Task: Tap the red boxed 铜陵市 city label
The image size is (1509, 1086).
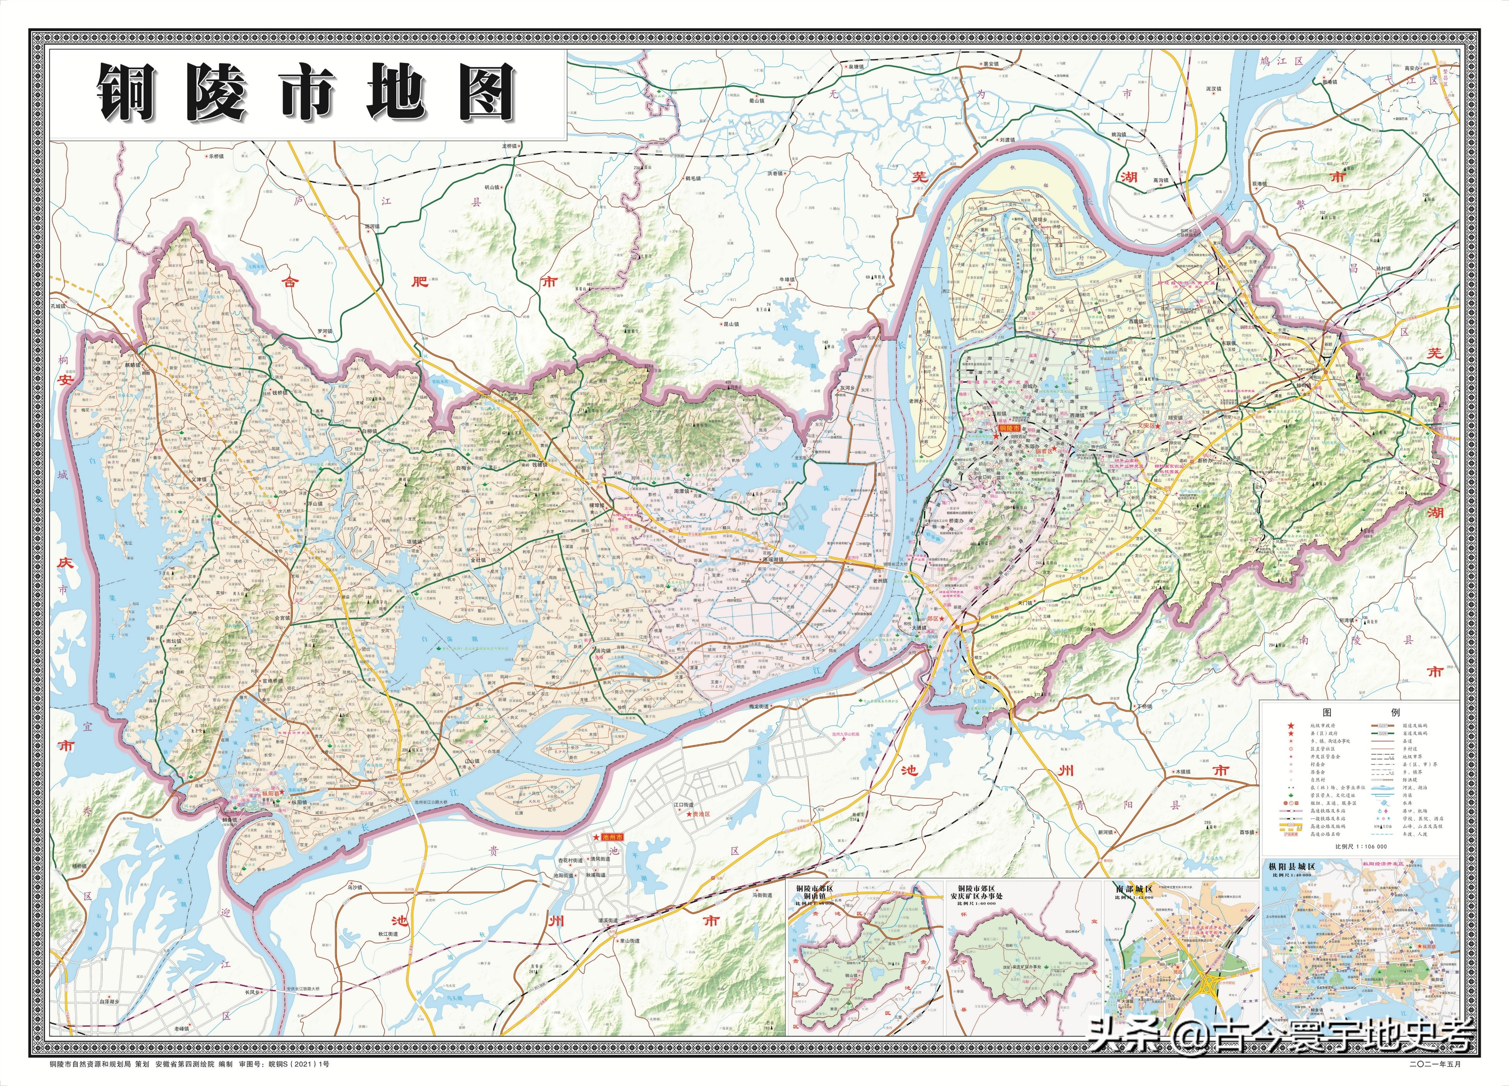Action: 1011,429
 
